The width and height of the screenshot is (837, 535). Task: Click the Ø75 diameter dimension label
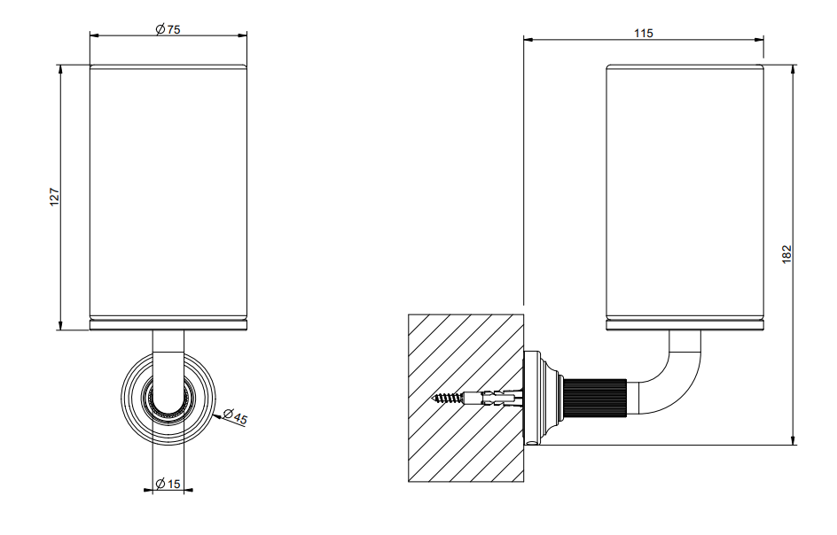pos(168,29)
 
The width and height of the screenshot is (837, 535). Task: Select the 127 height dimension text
pos(54,198)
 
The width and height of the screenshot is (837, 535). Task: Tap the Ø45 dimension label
pos(236,416)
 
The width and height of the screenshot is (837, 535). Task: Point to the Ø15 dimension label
pos(168,484)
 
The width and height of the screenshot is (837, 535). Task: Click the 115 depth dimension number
pos(643,33)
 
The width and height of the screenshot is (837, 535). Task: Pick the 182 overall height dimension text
pos(786,254)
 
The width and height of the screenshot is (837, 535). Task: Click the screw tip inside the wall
pos(434,398)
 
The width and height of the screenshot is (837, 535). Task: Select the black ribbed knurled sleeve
pos(595,398)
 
